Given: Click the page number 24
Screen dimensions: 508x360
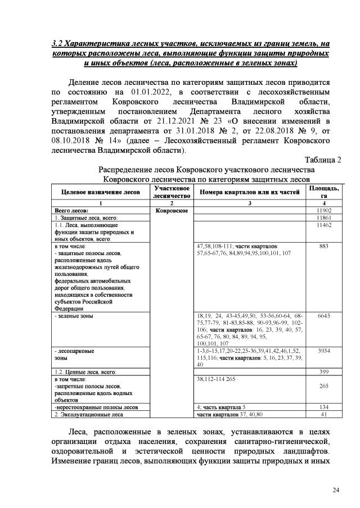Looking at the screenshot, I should [x=336, y=491].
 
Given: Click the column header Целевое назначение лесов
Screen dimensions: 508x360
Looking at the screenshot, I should [x=101, y=192].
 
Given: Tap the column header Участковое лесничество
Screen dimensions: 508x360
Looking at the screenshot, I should [x=171, y=192].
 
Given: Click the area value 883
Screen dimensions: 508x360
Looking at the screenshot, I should [x=323, y=247].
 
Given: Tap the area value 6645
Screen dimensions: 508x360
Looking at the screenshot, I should [x=323, y=316].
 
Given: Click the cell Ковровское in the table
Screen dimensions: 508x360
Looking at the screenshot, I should [x=171, y=210].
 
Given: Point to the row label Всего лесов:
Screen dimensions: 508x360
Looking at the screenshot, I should [x=69, y=210].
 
